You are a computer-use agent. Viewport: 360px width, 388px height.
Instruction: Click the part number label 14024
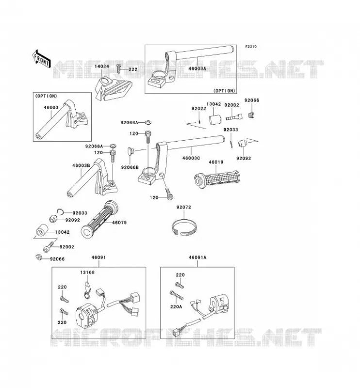tap(102, 66)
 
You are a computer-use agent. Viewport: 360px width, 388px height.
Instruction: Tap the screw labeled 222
tap(118, 68)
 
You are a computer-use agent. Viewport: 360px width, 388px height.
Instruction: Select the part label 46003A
tap(197, 68)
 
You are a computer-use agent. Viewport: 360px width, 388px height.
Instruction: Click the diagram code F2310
tap(251, 47)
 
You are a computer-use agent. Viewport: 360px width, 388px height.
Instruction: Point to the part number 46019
tap(216, 162)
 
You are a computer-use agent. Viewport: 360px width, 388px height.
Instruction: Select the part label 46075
tap(119, 223)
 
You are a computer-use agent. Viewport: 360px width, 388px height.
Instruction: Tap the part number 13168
tap(87, 272)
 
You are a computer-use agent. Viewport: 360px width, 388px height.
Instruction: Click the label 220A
tap(176, 307)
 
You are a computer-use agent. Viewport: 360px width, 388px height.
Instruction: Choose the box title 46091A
tap(197, 258)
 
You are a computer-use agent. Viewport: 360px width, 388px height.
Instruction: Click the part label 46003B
tap(81, 165)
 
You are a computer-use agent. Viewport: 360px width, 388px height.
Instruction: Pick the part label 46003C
tap(191, 158)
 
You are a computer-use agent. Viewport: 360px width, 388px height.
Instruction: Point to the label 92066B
tap(130, 167)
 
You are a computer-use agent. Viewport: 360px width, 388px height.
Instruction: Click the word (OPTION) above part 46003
tap(46, 96)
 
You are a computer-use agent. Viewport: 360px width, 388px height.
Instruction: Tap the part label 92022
tap(199, 108)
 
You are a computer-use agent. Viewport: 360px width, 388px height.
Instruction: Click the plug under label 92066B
tap(130, 151)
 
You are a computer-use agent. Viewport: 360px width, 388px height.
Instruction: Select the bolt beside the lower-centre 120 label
tap(169, 194)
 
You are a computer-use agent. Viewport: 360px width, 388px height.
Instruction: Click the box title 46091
tap(99, 258)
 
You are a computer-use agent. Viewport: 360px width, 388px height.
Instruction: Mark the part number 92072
tap(184, 207)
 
